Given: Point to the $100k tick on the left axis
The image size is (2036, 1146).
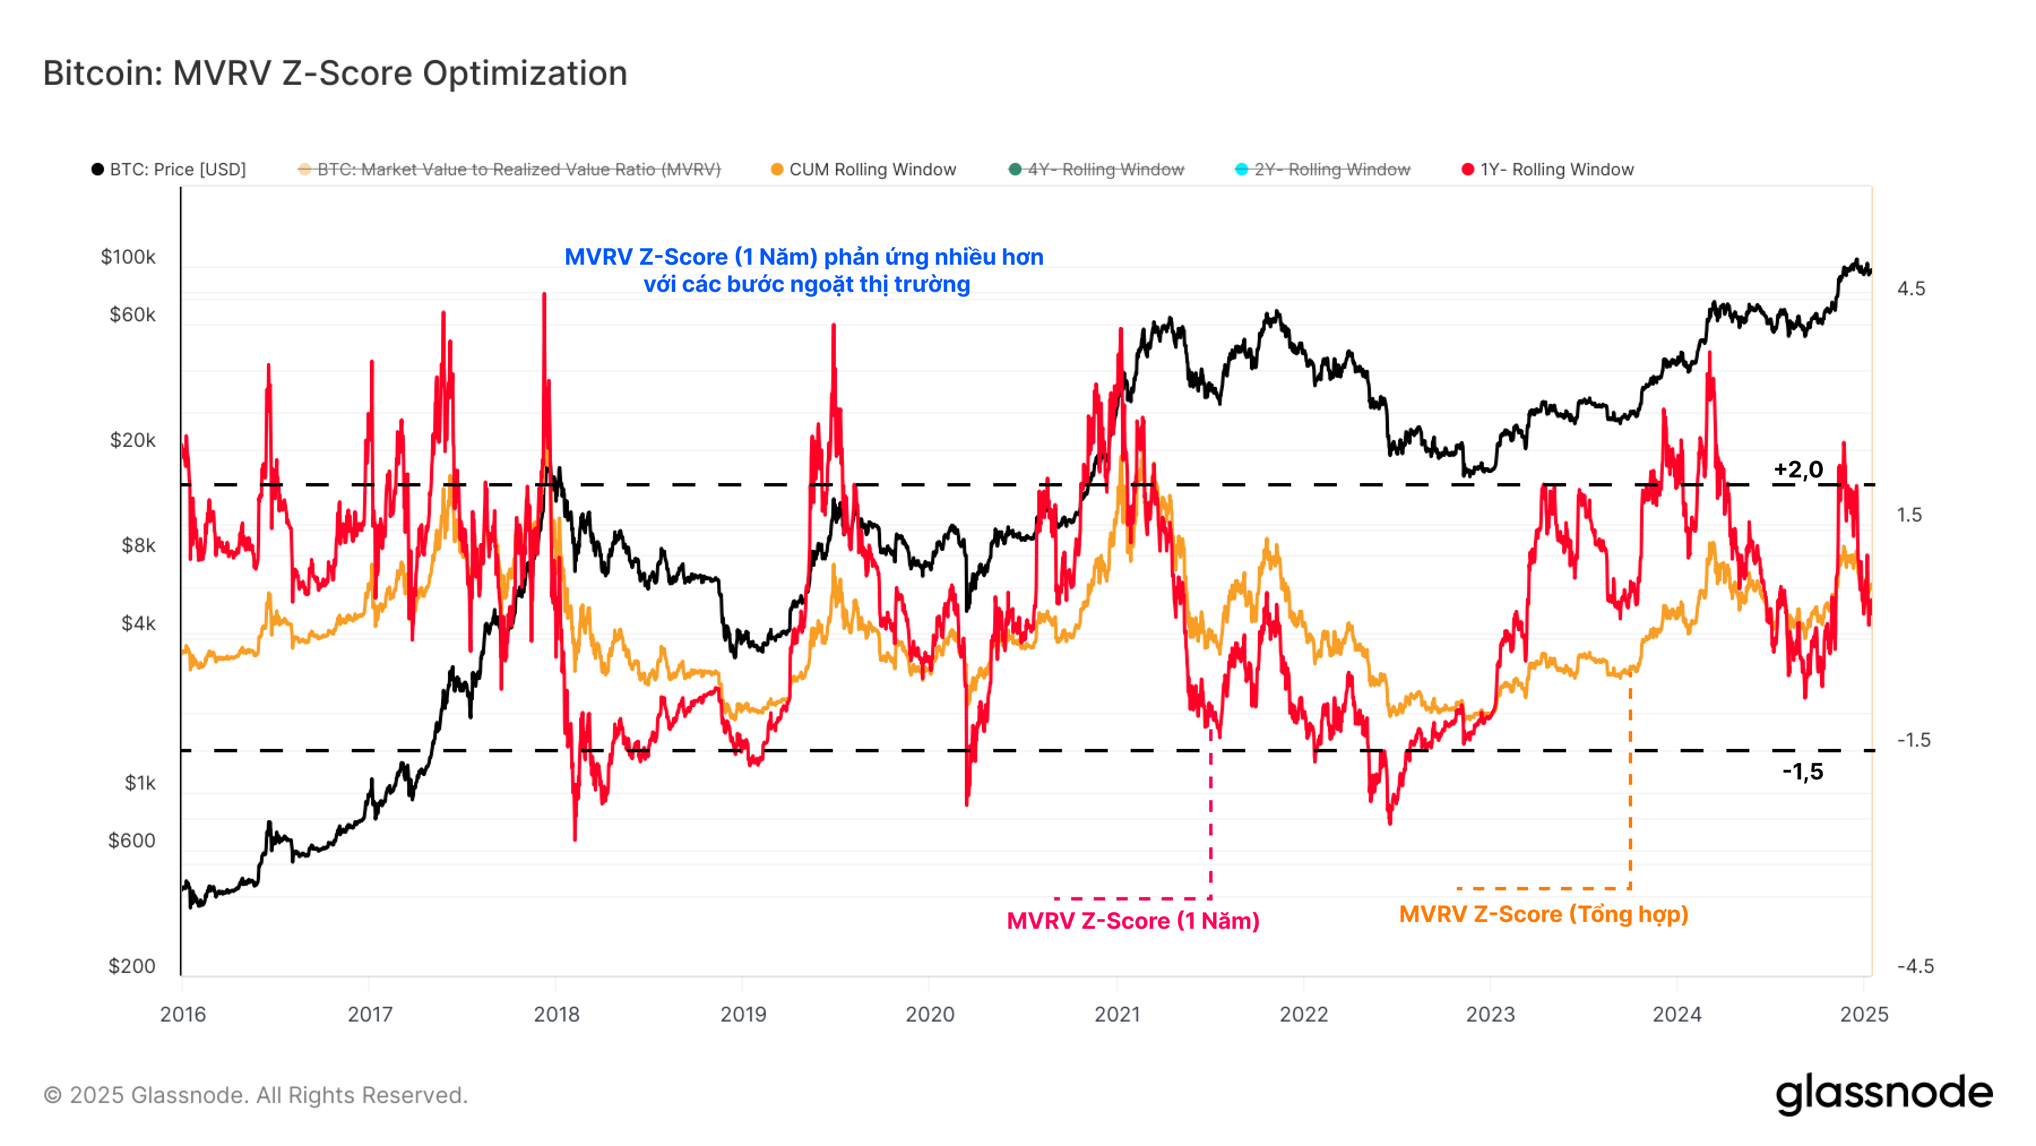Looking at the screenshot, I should pyautogui.click(x=128, y=257).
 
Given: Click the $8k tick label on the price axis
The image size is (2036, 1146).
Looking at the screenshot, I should pyautogui.click(x=139, y=545).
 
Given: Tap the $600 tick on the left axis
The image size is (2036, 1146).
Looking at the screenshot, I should pyautogui.click(x=131, y=840).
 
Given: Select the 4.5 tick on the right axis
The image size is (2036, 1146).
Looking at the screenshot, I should pyautogui.click(x=1911, y=288).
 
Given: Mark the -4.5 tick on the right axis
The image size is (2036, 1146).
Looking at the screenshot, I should pyautogui.click(x=1915, y=966).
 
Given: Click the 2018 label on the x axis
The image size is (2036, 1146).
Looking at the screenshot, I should pyautogui.click(x=557, y=1014).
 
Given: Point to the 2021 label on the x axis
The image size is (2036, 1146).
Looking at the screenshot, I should pyautogui.click(x=1117, y=1014).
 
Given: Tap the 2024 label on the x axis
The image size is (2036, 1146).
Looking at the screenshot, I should pyautogui.click(x=1676, y=1014).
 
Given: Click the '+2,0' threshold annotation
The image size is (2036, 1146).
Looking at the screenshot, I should pyautogui.click(x=1798, y=469).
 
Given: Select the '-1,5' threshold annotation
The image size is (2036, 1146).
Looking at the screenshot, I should pyautogui.click(x=1802, y=772).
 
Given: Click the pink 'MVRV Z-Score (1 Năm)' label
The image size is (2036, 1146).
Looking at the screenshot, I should pyautogui.click(x=1133, y=921).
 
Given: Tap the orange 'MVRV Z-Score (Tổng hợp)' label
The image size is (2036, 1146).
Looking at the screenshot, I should pyautogui.click(x=1543, y=915).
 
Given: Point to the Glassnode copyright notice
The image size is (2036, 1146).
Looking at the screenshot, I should pyautogui.click(x=255, y=1096).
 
